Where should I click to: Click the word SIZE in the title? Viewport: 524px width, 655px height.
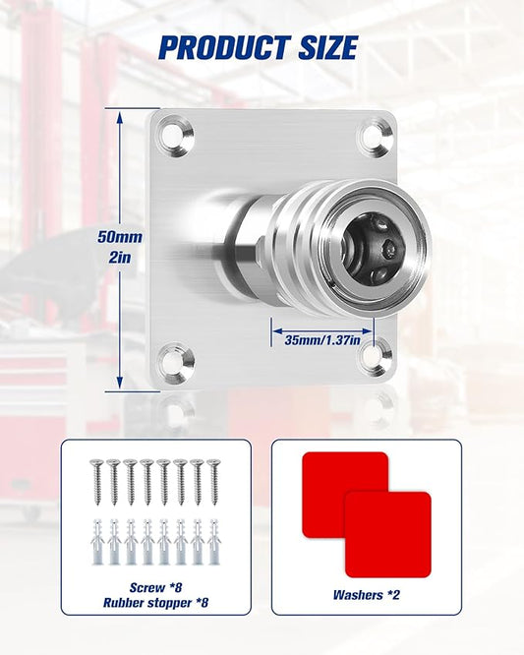(328, 47)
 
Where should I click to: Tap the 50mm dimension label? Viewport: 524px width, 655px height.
(120, 237)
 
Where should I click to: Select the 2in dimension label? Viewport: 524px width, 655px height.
(120, 258)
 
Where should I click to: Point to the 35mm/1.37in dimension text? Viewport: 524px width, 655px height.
(322, 339)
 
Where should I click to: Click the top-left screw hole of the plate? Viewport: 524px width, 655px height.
(175, 136)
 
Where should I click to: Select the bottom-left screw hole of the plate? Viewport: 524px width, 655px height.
(176, 362)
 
